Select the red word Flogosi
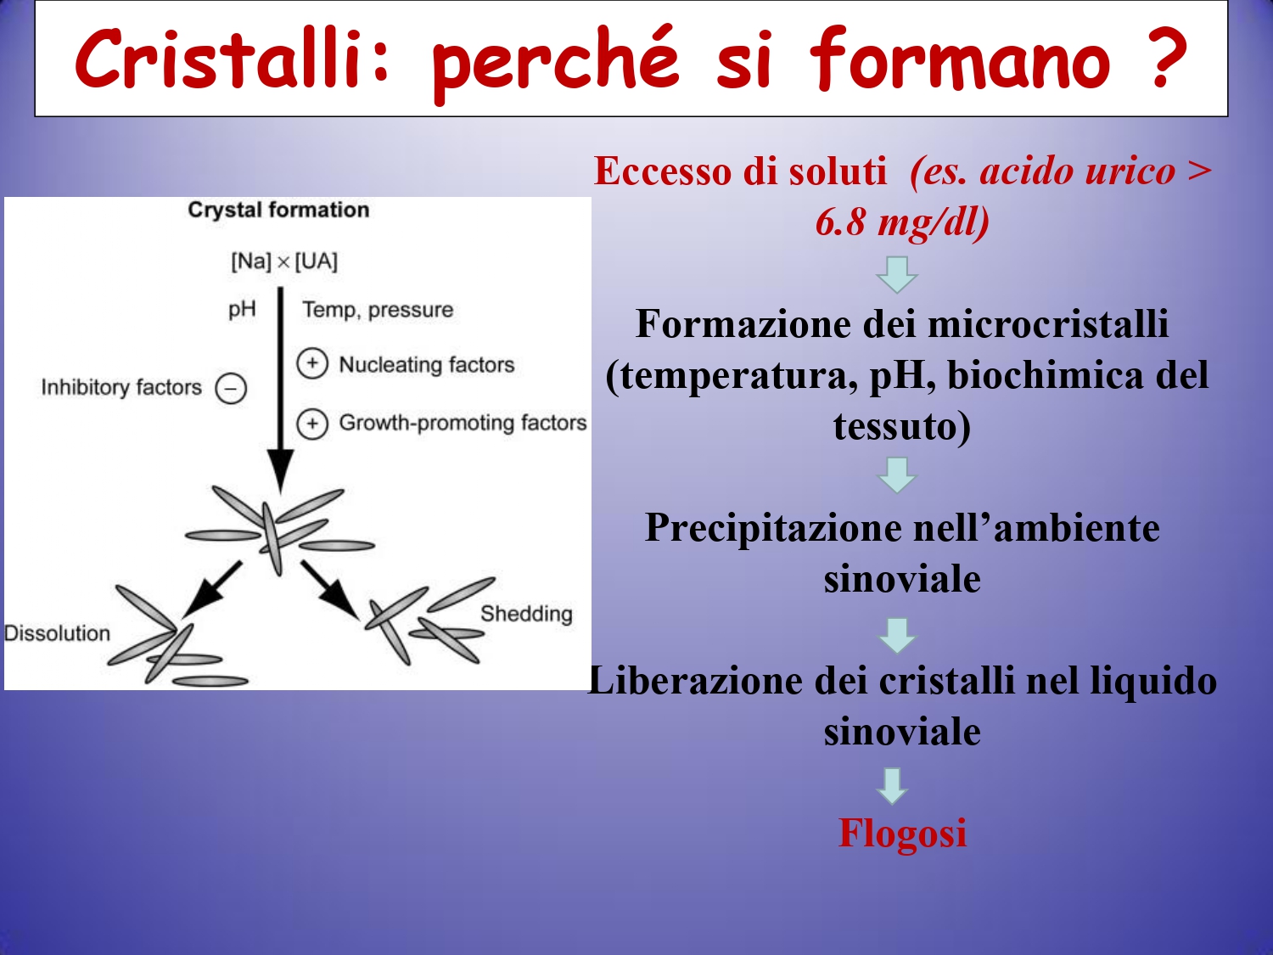[902, 834]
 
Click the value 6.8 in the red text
[840, 222]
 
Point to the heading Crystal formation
[278, 210]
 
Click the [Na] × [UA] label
[284, 261]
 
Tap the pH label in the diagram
[242, 309]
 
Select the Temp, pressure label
[378, 310]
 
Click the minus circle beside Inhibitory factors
[231, 389]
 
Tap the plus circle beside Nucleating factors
[312, 364]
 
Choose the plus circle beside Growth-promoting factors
[312, 424]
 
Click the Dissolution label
[57, 633]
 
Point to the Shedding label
[527, 614]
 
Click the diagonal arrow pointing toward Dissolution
[211, 589]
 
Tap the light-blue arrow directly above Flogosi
[893, 786]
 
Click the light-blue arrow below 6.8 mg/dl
[896, 275]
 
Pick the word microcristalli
[1047, 323]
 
